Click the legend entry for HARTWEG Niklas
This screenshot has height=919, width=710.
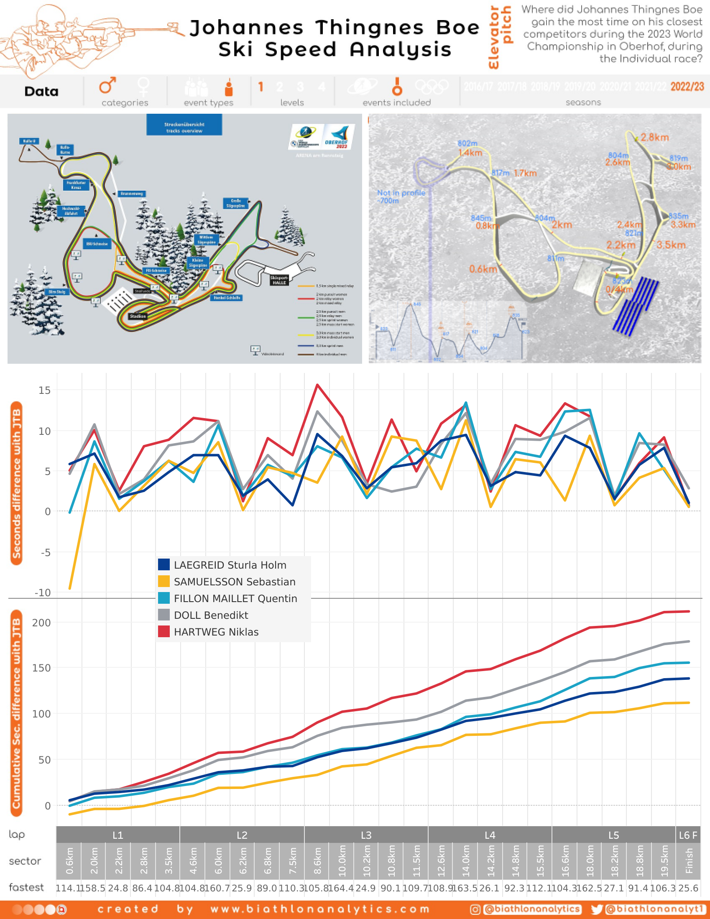[216, 632]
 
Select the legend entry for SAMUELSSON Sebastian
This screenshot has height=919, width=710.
[235, 582]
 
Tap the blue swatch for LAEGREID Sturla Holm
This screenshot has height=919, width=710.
[164, 565]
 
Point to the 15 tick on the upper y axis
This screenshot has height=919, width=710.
[44, 391]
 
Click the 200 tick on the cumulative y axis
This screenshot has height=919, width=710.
[41, 623]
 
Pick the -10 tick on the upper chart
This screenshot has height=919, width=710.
[43, 593]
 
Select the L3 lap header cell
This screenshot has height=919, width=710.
[366, 835]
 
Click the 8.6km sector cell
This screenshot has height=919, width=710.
[317, 861]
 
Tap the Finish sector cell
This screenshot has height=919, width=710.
[689, 861]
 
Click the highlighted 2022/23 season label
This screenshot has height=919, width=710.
[687, 87]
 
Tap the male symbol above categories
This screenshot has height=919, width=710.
[107, 85]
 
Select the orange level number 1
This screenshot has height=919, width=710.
[261, 87]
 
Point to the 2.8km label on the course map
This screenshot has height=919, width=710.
[654, 138]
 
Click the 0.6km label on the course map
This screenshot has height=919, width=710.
[483, 269]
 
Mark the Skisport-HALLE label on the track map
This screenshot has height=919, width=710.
[279, 280]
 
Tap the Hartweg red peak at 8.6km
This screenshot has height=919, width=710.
[317, 385]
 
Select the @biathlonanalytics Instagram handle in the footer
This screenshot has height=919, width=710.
[532, 909]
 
